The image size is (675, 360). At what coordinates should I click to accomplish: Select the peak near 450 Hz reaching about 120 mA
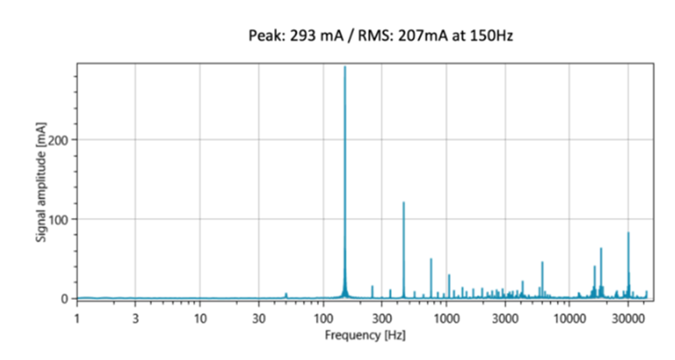(403, 204)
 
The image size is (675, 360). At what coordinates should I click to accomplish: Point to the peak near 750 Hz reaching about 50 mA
(431, 260)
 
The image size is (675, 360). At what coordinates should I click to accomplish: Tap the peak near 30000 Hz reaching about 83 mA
(628, 233)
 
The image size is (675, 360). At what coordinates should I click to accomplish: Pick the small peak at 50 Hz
(286, 294)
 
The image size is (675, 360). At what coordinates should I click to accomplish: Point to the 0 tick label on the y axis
(66, 298)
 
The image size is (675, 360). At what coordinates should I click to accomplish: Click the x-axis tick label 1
(76, 318)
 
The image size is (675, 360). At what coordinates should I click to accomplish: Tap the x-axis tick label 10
(200, 318)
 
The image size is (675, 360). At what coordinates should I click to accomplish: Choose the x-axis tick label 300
(382, 318)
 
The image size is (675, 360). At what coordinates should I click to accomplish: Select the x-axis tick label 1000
(446, 318)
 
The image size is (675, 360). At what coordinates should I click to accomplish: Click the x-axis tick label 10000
(569, 318)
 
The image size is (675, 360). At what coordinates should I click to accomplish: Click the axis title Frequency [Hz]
(364, 334)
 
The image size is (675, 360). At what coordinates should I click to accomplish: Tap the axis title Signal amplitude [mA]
(40, 182)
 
